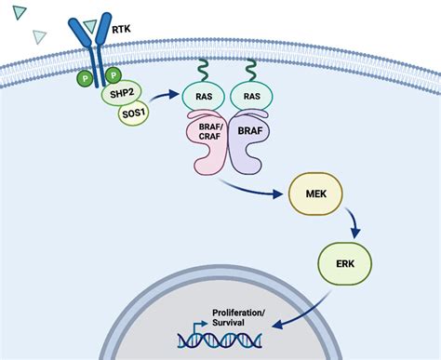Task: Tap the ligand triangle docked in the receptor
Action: (90, 24)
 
